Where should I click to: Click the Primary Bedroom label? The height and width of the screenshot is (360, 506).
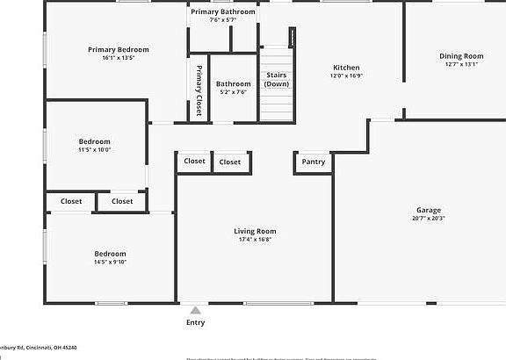click(x=118, y=50)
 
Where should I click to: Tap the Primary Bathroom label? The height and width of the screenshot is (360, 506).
click(x=223, y=11)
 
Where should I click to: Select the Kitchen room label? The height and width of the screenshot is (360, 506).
click(x=346, y=68)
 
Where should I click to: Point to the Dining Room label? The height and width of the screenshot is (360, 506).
click(x=461, y=56)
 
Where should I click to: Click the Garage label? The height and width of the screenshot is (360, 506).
click(x=429, y=210)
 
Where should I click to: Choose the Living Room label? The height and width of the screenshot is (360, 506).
click(x=255, y=231)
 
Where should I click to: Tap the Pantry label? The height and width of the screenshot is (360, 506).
click(x=314, y=162)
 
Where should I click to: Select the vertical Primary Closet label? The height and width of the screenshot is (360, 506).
click(x=199, y=90)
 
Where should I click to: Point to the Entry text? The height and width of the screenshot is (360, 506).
click(x=195, y=322)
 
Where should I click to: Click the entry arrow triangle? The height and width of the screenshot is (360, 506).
click(x=195, y=310)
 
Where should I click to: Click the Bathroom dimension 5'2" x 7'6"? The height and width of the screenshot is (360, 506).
click(x=233, y=91)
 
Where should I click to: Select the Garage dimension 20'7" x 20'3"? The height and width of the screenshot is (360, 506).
click(x=429, y=218)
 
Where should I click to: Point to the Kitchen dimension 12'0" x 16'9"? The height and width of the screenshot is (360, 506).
click(x=346, y=76)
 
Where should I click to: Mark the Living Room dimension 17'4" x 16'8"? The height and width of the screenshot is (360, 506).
click(x=255, y=239)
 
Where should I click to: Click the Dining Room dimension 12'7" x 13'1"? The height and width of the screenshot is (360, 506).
click(x=461, y=64)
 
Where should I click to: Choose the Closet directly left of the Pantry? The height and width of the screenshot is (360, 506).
click(x=230, y=162)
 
